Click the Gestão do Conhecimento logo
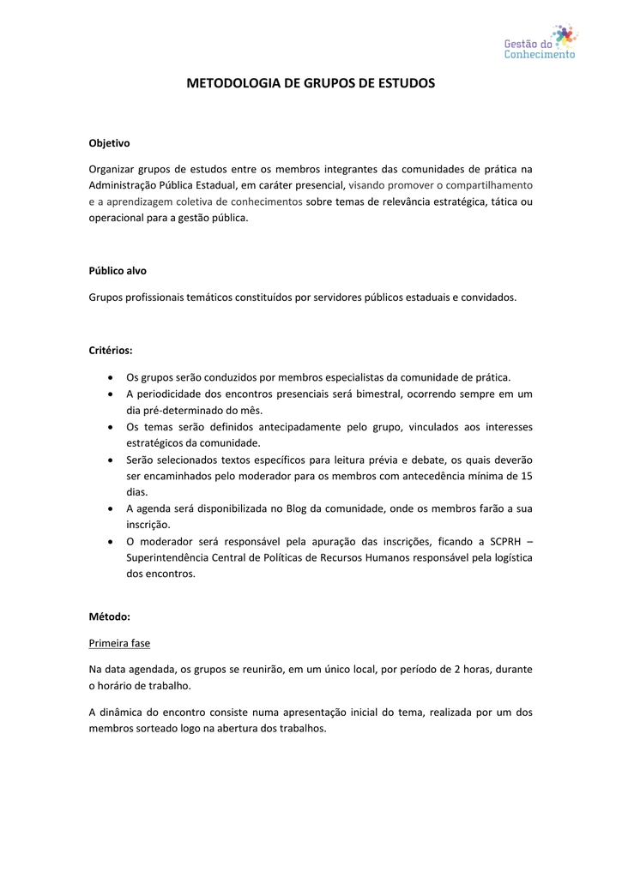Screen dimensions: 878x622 [x=540, y=42]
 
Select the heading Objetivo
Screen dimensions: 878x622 [x=110, y=143]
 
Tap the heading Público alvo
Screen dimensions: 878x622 [x=118, y=270]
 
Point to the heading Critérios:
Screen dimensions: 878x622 [x=111, y=350]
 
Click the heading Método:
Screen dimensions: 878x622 [x=110, y=616]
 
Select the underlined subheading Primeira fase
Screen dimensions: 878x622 [x=119, y=642]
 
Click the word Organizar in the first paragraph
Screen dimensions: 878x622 [x=112, y=169]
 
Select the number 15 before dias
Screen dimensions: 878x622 [x=527, y=475]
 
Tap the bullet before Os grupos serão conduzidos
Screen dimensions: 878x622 [x=112, y=377]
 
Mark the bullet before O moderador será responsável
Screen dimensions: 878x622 [x=112, y=542]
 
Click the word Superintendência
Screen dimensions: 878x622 [x=169, y=557]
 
